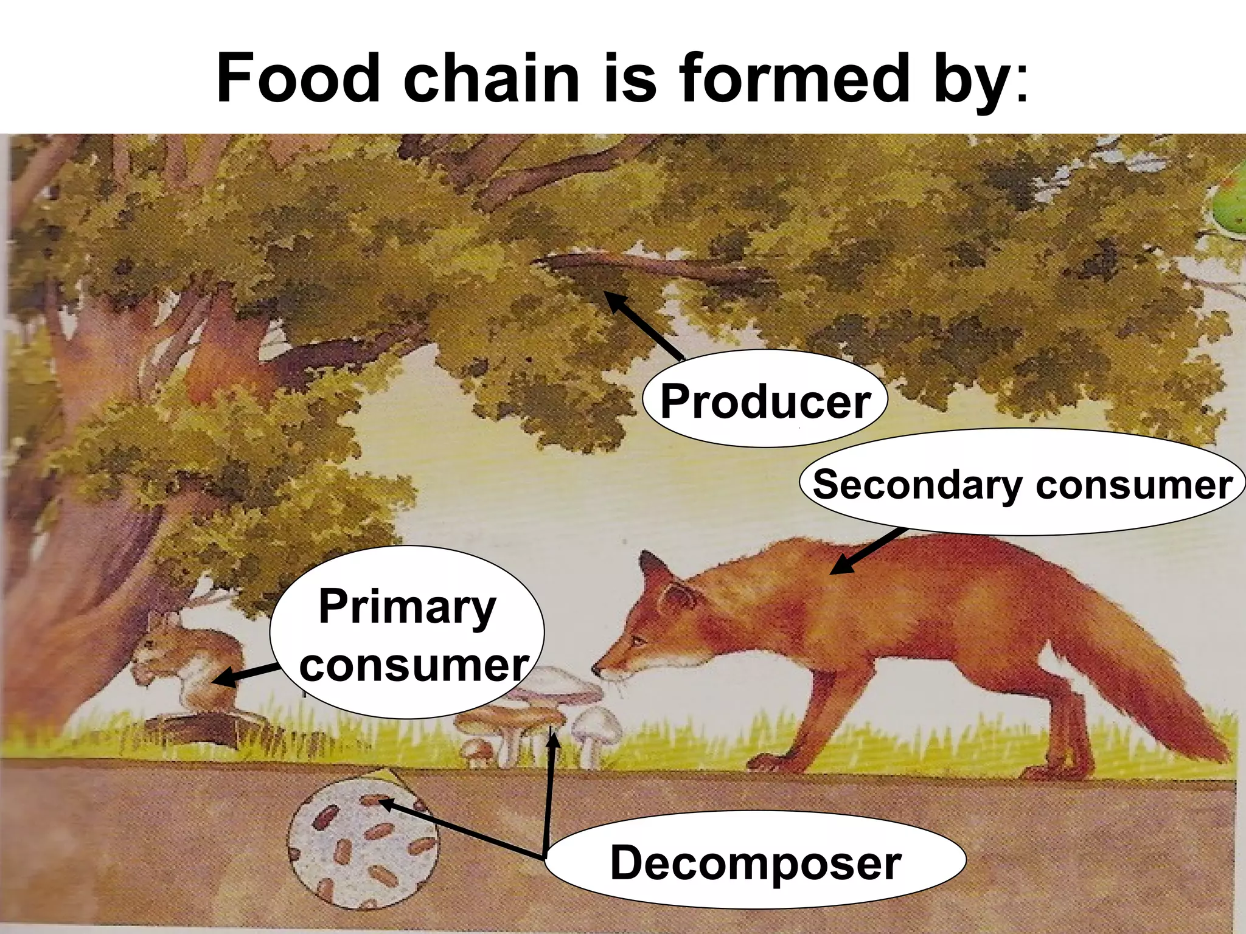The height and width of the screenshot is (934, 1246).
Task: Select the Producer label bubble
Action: pos(765,400)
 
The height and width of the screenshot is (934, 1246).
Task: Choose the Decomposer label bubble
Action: pos(755,862)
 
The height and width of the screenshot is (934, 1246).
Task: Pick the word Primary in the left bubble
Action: pos(407,606)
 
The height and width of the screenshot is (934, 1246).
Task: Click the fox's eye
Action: pos(637,640)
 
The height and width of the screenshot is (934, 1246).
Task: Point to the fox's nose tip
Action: pos(596,671)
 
